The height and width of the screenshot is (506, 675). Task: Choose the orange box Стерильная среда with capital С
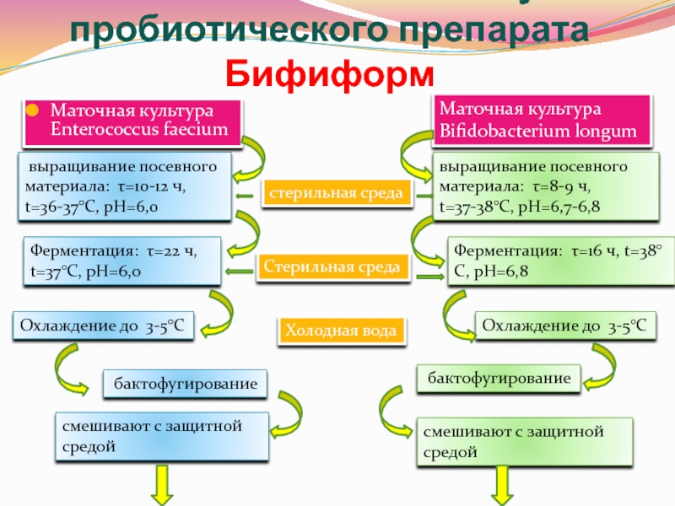pyautogui.click(x=331, y=267)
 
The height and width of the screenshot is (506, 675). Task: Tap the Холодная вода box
pyautogui.click(x=340, y=331)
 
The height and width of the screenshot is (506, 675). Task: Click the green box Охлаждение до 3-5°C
pyautogui.click(x=565, y=325)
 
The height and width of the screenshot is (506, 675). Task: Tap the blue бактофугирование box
pyautogui.click(x=185, y=384)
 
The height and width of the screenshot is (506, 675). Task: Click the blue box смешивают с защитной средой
pyautogui.click(x=162, y=436)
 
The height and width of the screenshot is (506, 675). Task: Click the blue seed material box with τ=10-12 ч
pyautogui.click(x=123, y=186)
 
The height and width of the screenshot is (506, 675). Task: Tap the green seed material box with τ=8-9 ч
pyautogui.click(x=543, y=186)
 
